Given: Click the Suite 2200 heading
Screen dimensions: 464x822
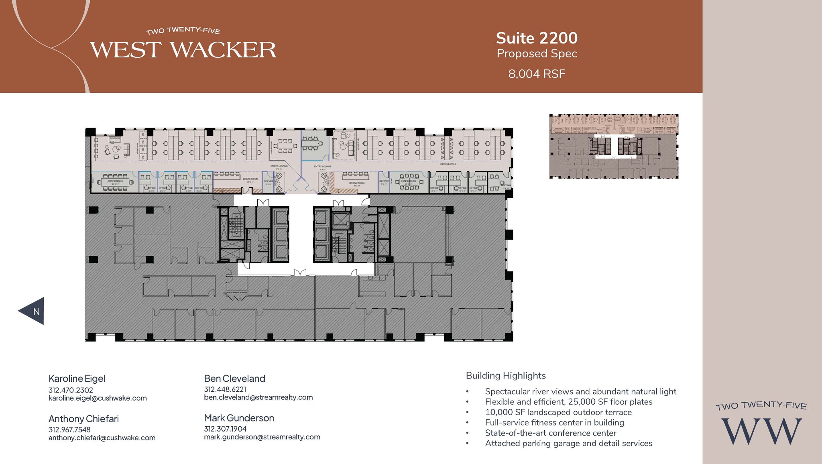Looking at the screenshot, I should pos(537,38).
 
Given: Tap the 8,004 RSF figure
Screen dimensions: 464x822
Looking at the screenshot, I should pos(537,74).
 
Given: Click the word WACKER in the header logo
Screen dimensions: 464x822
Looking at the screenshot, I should pos(224,50).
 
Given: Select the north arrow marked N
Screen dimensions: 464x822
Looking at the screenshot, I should pos(33,311).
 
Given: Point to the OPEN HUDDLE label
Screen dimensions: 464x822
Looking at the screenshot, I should pos(448,164).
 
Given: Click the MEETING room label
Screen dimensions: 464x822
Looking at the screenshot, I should pos(506,185).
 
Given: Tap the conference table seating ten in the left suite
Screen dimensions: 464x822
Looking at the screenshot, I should pos(115,182).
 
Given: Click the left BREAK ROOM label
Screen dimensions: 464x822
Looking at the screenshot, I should pos(250,179).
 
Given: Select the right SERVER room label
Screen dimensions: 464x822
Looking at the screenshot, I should pos(384,181).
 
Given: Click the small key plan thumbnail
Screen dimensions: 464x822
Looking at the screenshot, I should pos(613,146).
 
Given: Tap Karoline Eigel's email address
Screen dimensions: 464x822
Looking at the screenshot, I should pos(98,398).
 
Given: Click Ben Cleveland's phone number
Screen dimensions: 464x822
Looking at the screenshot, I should pos(225,389).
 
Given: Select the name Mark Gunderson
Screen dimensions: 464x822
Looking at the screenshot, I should pos(239,418).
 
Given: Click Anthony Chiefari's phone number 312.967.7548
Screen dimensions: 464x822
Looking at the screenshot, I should pos(69,429).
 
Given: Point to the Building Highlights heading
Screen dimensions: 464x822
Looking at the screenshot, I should pos(506,376).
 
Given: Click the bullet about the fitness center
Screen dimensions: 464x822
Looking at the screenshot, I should pos(554,423).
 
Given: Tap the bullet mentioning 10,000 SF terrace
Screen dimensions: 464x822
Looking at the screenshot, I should pos(558,412).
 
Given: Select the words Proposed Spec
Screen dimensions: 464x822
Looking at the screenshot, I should pos(537,53).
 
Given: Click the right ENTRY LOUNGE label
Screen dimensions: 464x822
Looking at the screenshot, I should pos(322,166).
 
